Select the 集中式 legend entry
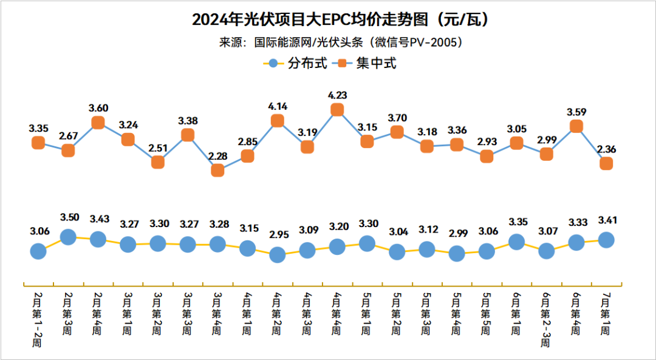pos(368,63)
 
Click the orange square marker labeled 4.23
pos(337,110)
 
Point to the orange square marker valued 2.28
pos(217,171)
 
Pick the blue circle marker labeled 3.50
pos(68,237)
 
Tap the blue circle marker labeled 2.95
pos(277,255)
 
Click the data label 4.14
pos(277,106)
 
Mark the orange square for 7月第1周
pos(606,163)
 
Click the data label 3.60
pos(98,108)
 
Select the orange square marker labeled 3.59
pos(576,126)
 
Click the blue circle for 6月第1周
pos(516,242)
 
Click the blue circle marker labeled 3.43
pos(98,239)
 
